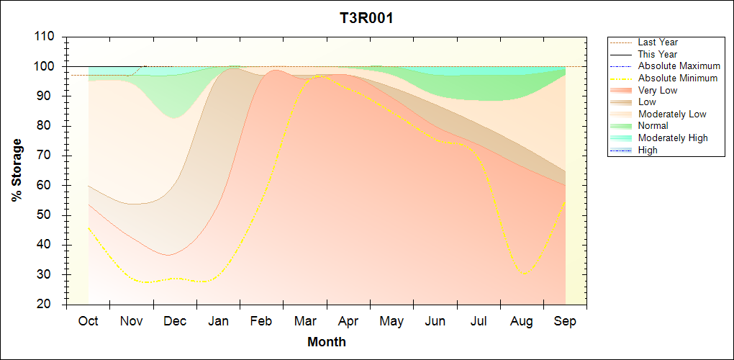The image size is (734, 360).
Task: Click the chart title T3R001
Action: (x=366, y=18)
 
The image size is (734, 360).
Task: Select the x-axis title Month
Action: (x=327, y=342)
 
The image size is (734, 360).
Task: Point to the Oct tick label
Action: (x=88, y=321)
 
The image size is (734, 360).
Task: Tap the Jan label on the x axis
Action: (x=219, y=321)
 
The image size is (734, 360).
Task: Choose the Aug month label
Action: (x=522, y=321)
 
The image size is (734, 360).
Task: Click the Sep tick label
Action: (x=565, y=321)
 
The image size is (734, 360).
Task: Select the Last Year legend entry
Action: (x=658, y=42)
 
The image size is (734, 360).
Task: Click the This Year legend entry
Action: (x=658, y=55)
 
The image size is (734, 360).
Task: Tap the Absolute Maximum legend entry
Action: (x=679, y=66)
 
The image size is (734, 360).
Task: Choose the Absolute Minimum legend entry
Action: (x=677, y=78)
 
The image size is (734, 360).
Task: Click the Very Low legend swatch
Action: (x=622, y=90)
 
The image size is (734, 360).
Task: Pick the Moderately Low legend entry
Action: (x=672, y=114)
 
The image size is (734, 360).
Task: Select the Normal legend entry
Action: (x=653, y=126)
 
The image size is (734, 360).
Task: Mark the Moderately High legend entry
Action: (x=673, y=138)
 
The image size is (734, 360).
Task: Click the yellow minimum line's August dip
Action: (x=525, y=274)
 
